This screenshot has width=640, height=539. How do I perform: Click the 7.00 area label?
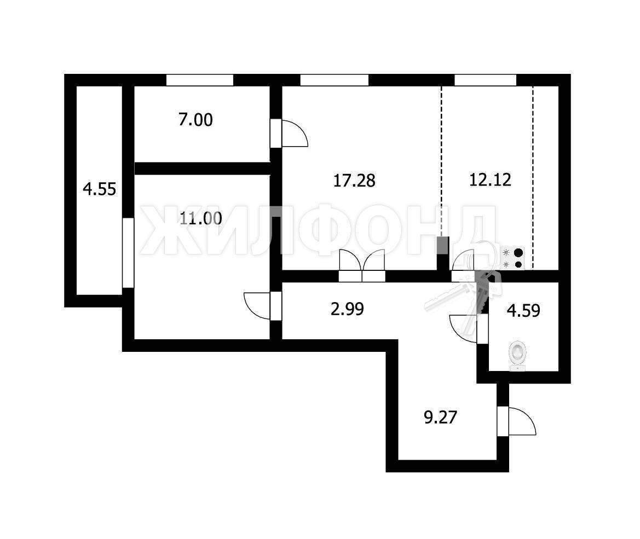(x=195, y=120)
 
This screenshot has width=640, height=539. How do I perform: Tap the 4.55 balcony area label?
(x=99, y=189)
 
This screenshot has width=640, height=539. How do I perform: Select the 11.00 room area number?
(x=201, y=219)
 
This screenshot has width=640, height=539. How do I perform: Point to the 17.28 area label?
(x=354, y=181)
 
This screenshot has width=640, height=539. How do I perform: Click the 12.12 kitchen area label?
(x=490, y=179)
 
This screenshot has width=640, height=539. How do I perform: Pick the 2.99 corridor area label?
(x=347, y=309)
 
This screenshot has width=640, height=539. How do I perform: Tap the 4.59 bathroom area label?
(x=523, y=310)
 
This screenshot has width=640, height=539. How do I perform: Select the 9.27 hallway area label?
(x=440, y=418)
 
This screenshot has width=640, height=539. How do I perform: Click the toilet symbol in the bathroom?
(x=517, y=356)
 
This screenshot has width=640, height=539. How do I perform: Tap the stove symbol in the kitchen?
(x=512, y=258)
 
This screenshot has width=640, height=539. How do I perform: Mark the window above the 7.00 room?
(x=200, y=80)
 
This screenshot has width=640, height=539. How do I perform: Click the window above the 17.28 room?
(x=335, y=80)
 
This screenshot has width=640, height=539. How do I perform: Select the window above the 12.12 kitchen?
(x=485, y=80)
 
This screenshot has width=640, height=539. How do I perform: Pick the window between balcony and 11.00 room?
(x=128, y=253)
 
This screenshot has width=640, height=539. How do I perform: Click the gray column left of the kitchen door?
(x=443, y=245)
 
